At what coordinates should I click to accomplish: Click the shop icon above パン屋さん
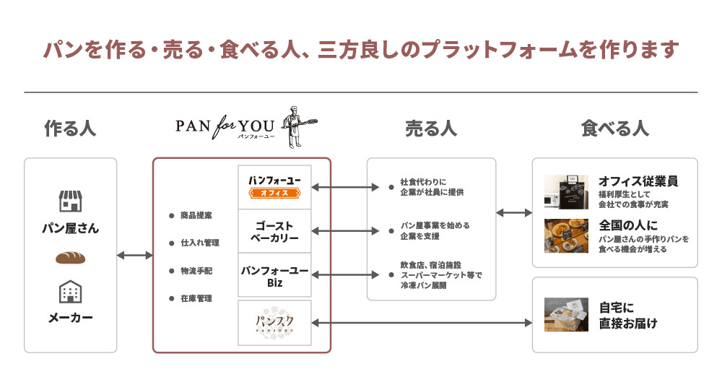pyautogui.click(x=70, y=202)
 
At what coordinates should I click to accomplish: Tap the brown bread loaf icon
pyautogui.click(x=70, y=258)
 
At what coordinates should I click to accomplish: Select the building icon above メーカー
pyautogui.click(x=70, y=292)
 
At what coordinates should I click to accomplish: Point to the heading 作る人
pyautogui.click(x=70, y=129)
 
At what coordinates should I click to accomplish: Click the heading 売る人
pyautogui.click(x=431, y=129)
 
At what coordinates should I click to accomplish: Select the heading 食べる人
pyautogui.click(x=614, y=129)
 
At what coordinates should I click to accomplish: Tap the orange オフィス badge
pyautogui.click(x=274, y=193)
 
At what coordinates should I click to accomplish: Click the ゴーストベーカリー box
pyautogui.click(x=274, y=231)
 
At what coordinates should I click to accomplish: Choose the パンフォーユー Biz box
pyautogui.click(x=274, y=276)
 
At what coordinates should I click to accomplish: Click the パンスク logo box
pyautogui.click(x=274, y=322)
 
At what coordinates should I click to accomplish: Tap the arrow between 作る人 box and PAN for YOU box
pyautogui.click(x=134, y=255)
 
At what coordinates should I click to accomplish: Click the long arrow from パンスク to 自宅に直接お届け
pyautogui.click(x=422, y=323)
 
